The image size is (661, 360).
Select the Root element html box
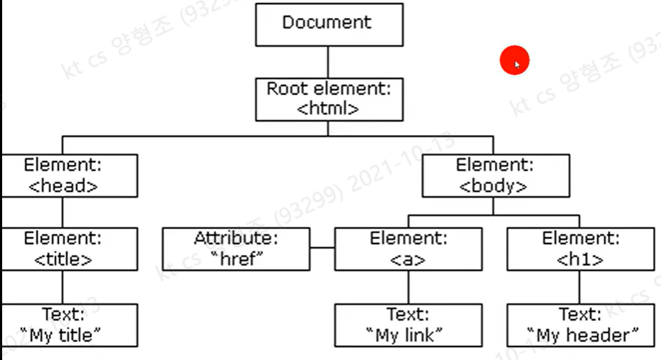click(328, 99)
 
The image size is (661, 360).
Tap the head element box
click(63, 175)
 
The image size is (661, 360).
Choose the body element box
click(493, 175)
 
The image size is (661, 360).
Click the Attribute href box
click(236, 249)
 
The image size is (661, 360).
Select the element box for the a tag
click(408, 249)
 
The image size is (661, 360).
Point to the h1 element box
click(580, 249)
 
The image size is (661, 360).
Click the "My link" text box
click(408, 325)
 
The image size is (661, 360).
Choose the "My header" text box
click(583, 325)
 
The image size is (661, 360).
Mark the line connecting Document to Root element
click(328, 62)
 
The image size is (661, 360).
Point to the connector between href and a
click(323, 249)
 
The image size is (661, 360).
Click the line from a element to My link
click(408, 287)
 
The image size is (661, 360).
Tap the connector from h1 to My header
click(580, 287)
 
